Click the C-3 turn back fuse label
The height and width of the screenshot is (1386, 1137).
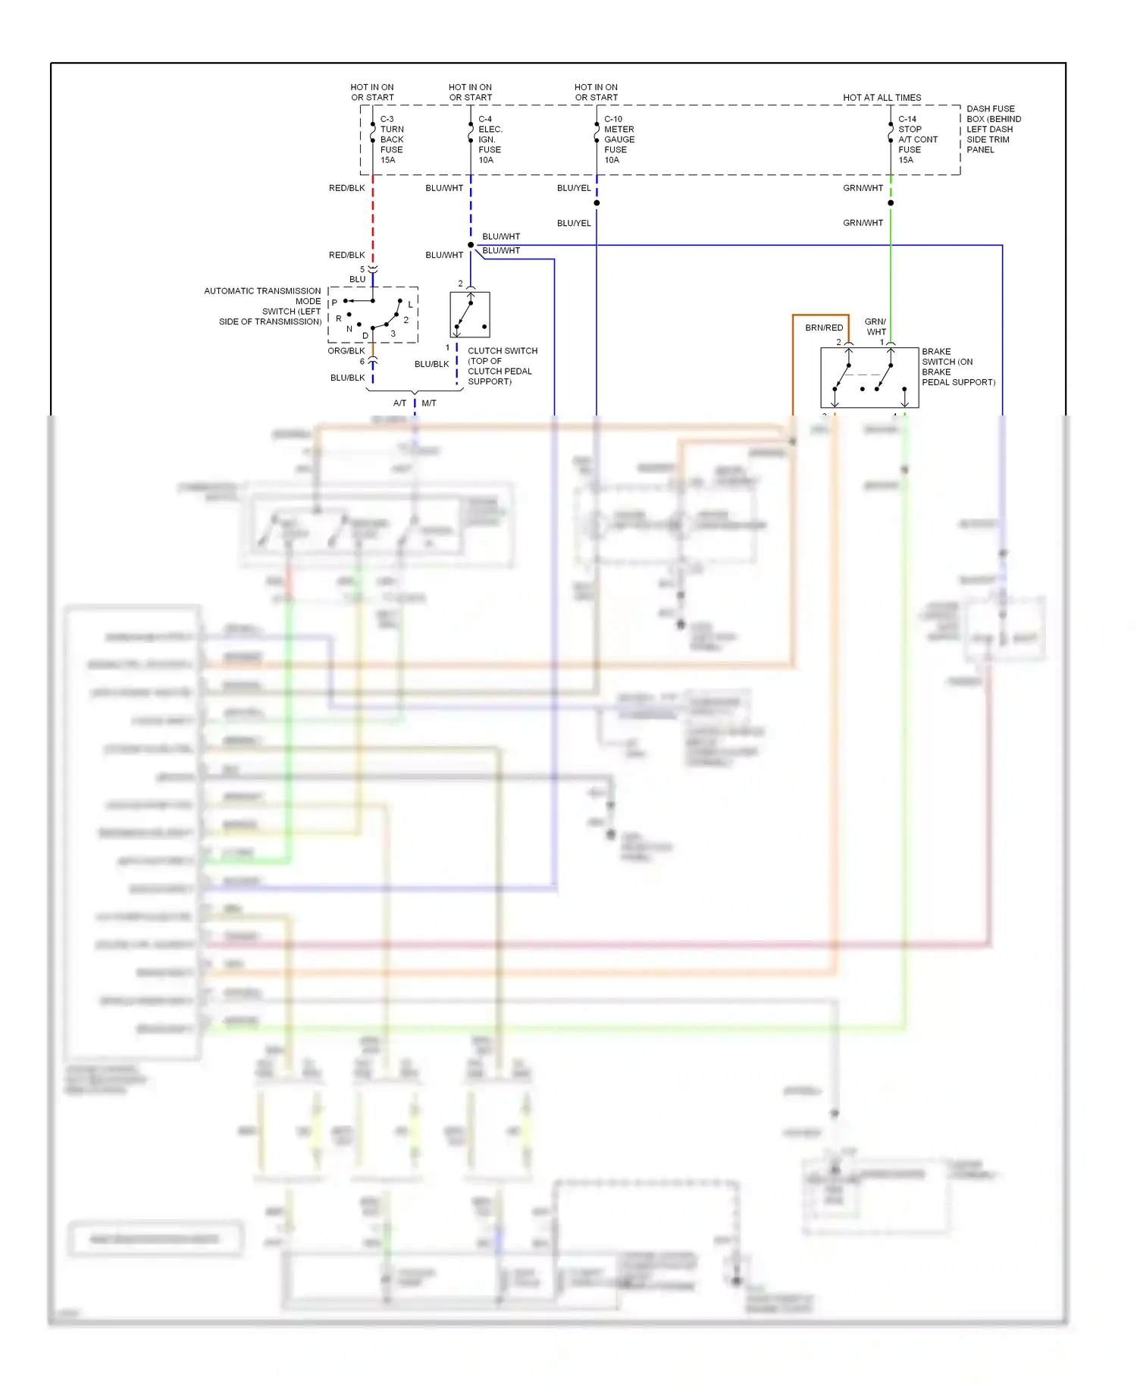coord(391,140)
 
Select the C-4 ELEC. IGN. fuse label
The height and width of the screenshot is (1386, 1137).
coord(490,140)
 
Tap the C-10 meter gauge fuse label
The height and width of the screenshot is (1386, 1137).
coord(619,140)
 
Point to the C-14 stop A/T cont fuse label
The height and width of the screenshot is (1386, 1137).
coord(917,140)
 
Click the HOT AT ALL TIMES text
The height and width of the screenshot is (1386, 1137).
coord(882,98)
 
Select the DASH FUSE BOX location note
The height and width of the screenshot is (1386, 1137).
coord(993,129)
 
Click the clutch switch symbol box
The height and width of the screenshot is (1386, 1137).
coord(470,315)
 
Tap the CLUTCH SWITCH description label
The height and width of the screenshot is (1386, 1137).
coord(502,366)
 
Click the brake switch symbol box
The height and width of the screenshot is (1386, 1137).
coord(869,378)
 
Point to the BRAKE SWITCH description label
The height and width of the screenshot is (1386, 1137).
coord(957,367)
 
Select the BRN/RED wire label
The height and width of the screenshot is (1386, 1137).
coord(823,328)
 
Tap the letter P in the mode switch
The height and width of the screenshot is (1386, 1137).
coord(334,303)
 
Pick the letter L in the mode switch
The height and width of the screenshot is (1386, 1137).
coord(410,305)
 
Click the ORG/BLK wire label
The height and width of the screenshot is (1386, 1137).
coord(346,351)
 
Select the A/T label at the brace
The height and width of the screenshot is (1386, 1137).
coord(399,403)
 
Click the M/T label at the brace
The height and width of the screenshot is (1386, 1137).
coord(429,403)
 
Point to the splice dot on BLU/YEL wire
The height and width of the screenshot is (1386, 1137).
coord(597,203)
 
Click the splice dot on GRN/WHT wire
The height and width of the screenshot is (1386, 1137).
coord(891,203)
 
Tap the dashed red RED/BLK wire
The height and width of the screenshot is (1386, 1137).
coord(373,220)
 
